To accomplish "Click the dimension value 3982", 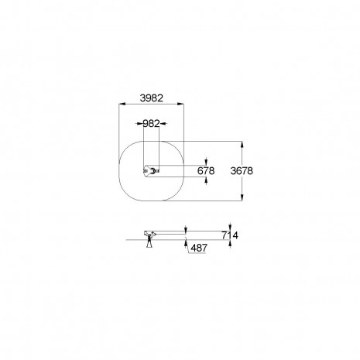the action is click(x=152, y=98).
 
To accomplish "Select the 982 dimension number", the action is click(x=151, y=124).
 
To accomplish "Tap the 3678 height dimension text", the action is click(x=242, y=171).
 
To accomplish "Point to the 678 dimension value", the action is click(x=206, y=171).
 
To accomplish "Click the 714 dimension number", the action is click(x=230, y=235).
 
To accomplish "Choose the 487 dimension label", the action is click(x=199, y=248).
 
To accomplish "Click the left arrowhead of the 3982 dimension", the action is click(x=122, y=104).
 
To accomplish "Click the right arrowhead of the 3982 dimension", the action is click(x=180, y=104).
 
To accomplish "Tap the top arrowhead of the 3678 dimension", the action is click(x=242, y=145).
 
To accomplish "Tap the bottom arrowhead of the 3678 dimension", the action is click(x=242, y=197).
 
